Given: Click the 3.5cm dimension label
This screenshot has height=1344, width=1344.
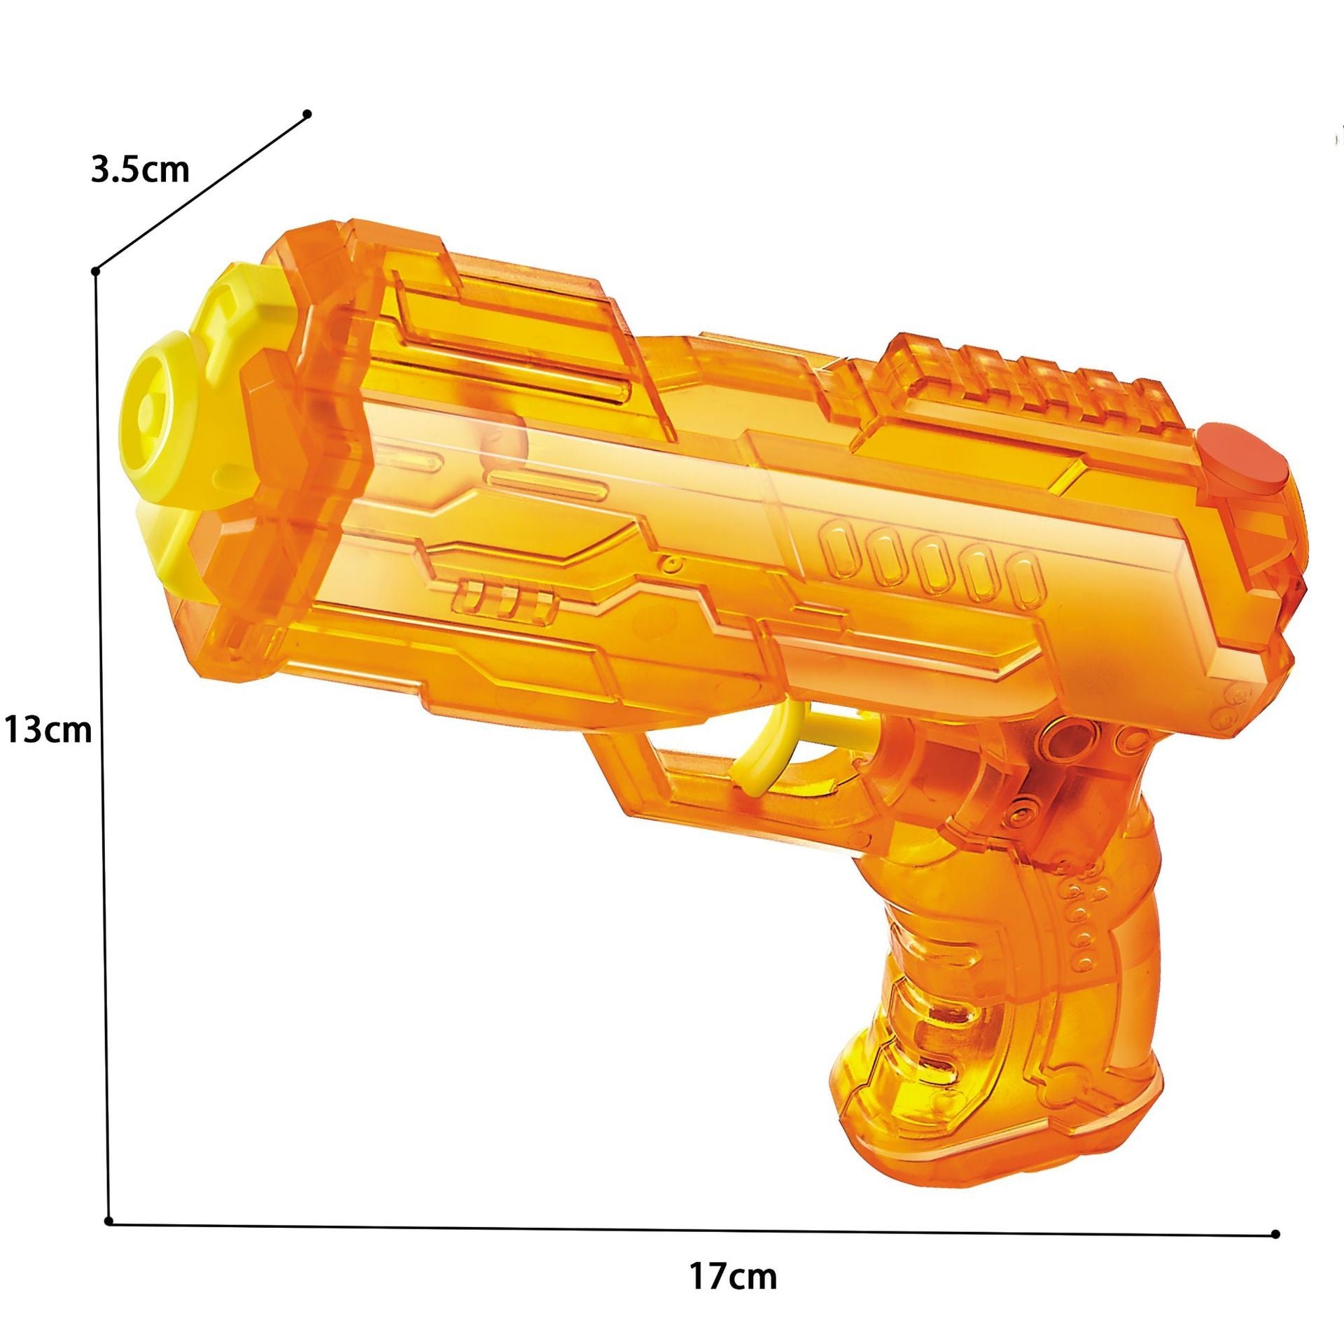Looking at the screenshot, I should coord(140,170).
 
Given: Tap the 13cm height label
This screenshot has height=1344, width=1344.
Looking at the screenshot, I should coord(48,710).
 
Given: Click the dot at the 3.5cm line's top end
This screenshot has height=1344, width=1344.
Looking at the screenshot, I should coord(307,113).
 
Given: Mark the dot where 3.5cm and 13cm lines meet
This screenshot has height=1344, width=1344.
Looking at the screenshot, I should coord(96,271).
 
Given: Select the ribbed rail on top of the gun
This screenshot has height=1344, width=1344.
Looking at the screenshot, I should coord(1029,385).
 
